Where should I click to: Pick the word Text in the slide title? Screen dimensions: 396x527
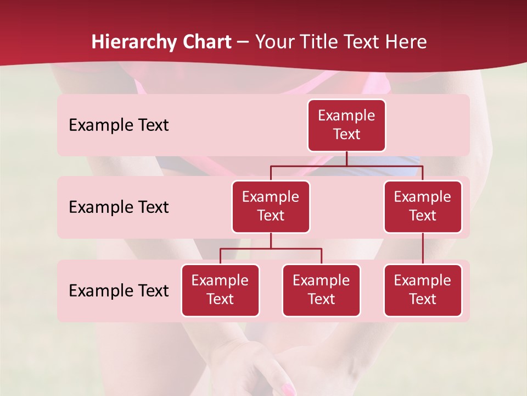click(361, 42)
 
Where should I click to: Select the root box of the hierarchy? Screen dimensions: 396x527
click(346, 125)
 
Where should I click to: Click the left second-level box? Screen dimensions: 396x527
click(271, 207)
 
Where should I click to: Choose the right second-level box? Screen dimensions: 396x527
click(423, 207)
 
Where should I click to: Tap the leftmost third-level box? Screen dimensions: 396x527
click(220, 290)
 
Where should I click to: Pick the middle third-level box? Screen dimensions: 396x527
click(321, 290)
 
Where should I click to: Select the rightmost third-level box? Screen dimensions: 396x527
click(423, 290)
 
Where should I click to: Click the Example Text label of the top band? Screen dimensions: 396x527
click(119, 125)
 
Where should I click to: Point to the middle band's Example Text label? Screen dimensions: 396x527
click(119, 207)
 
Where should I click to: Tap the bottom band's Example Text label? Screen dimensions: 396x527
click(119, 291)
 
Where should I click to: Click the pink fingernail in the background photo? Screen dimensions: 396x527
click(287, 390)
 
